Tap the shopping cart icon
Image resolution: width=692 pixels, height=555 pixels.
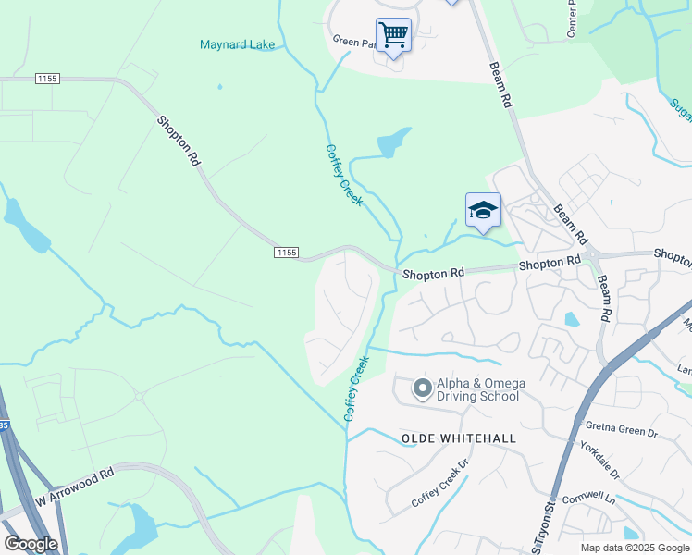point(393,35)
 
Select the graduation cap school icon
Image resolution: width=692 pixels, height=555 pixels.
point(482,211)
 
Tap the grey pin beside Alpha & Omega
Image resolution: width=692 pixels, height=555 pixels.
point(422,388)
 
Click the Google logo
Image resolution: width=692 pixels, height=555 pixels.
point(31,544)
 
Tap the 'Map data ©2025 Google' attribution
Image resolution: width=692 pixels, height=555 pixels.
point(634,548)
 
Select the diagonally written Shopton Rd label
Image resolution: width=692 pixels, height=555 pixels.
point(179,140)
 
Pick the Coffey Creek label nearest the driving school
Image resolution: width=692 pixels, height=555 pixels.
point(356,388)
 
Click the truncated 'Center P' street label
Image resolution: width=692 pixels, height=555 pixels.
point(572,13)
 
